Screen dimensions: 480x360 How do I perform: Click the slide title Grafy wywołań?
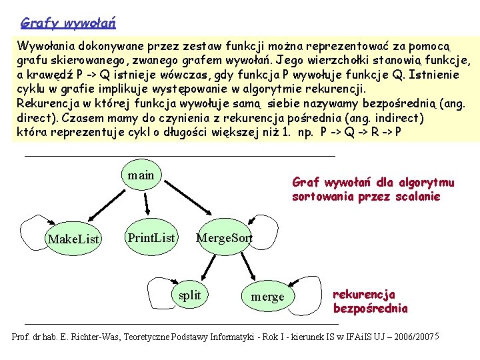coord(69,23)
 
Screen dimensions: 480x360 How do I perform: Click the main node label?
coord(141,175)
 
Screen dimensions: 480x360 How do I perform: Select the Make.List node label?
coord(73,239)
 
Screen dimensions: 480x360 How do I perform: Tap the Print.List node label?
coord(151,237)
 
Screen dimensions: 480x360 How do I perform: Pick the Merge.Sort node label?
coord(224,238)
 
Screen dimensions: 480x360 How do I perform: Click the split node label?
coord(190,295)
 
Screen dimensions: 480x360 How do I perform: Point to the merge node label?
coord(267,297)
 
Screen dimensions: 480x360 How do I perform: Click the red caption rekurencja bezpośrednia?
coord(369,301)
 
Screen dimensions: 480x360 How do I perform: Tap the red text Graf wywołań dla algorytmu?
coord(373,182)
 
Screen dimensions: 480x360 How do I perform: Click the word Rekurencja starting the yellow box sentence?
coord(45,103)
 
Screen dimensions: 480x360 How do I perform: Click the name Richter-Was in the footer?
coord(93,337)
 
